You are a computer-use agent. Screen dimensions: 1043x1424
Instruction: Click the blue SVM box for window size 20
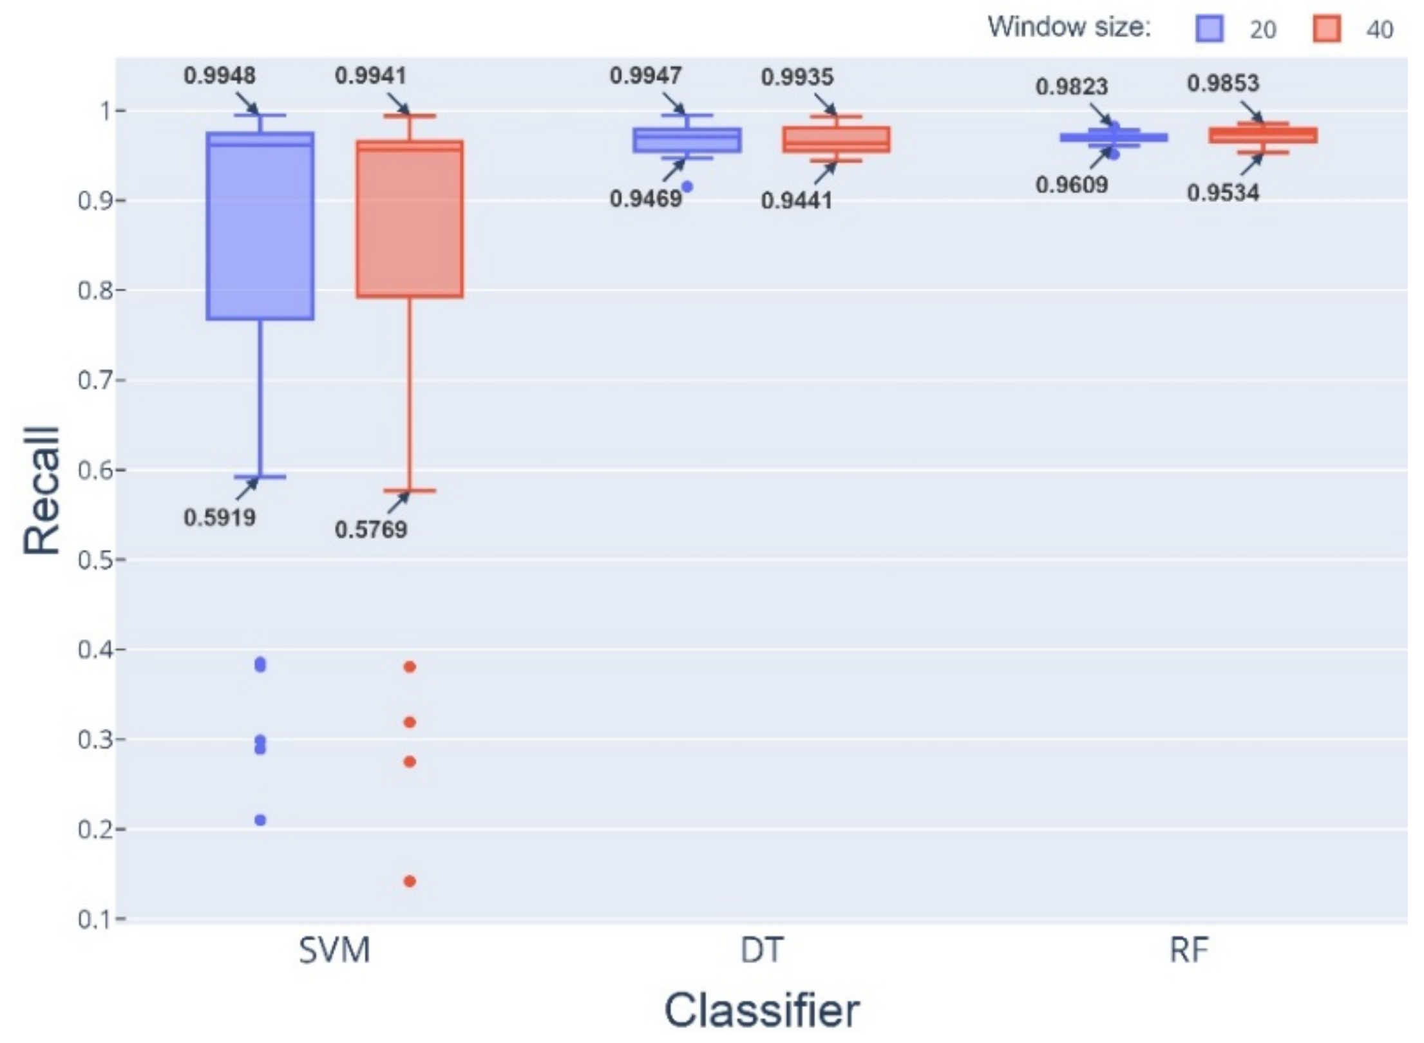(x=260, y=225)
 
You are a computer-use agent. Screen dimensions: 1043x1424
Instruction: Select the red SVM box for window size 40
(x=410, y=219)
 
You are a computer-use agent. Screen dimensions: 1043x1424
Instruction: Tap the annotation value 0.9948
(x=220, y=76)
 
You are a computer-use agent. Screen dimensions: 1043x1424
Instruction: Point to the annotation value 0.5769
(x=371, y=530)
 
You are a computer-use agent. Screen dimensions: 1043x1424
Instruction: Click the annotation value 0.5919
(x=220, y=518)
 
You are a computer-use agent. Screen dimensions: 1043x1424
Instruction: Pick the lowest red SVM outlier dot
(x=410, y=881)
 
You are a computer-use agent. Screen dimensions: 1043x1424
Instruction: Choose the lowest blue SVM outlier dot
(x=260, y=820)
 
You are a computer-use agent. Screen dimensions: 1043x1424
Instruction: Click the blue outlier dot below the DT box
(x=687, y=187)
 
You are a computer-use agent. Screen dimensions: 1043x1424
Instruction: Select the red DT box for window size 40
(x=836, y=140)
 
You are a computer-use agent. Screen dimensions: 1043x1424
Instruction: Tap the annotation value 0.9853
(x=1223, y=83)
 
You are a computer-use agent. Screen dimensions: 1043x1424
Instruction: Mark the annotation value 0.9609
(x=1072, y=185)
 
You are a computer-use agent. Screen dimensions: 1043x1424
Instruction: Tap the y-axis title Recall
(x=43, y=491)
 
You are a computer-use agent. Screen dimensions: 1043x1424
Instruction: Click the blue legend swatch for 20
(x=1209, y=29)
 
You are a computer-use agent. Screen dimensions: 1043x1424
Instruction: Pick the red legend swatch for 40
(x=1327, y=29)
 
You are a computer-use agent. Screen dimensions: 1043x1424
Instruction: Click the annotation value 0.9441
(x=797, y=201)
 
